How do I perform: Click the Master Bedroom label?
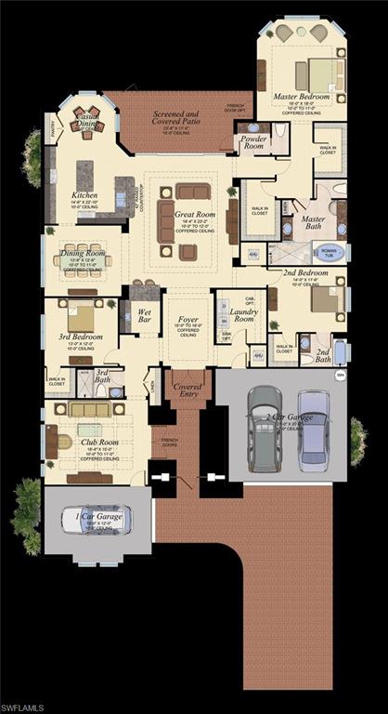[x=302, y=96]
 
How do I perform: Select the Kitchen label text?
[x=84, y=195]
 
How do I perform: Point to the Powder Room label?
[x=253, y=141]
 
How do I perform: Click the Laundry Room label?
[x=244, y=315]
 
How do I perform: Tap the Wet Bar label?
[x=145, y=316]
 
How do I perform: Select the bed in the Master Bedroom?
[x=317, y=71]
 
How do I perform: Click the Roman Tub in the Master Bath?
[x=327, y=251]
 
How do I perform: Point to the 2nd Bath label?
[x=322, y=354]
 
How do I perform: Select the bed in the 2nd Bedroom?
[x=325, y=299]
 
